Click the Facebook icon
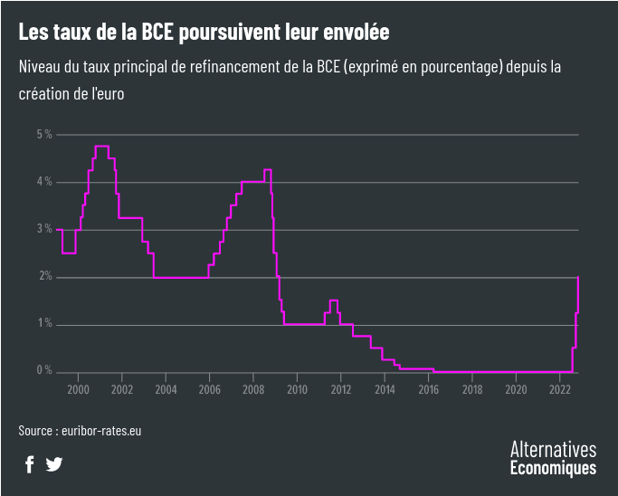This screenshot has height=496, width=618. [29, 464]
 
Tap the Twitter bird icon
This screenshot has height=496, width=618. [54, 464]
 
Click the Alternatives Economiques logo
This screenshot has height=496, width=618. [553, 458]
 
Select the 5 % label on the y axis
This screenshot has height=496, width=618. [44, 135]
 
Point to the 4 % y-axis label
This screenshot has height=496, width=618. [44, 182]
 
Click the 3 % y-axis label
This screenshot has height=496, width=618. [44, 229]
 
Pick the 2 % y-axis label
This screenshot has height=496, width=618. [44, 277]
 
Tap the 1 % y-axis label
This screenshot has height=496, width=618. [44, 324]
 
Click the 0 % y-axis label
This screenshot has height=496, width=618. [44, 371]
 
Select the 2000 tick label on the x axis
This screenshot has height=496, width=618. [78, 389]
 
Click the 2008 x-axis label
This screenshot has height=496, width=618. [253, 389]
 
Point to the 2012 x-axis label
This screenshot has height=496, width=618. [340, 389]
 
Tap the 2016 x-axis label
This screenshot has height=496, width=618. [428, 389]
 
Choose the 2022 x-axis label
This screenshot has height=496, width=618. [559, 389]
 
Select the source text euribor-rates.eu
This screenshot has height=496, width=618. [100, 431]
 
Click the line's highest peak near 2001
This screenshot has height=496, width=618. [101, 146]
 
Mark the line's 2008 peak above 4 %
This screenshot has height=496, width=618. [268, 170]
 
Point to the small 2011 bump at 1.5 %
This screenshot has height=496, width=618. [334, 300]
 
